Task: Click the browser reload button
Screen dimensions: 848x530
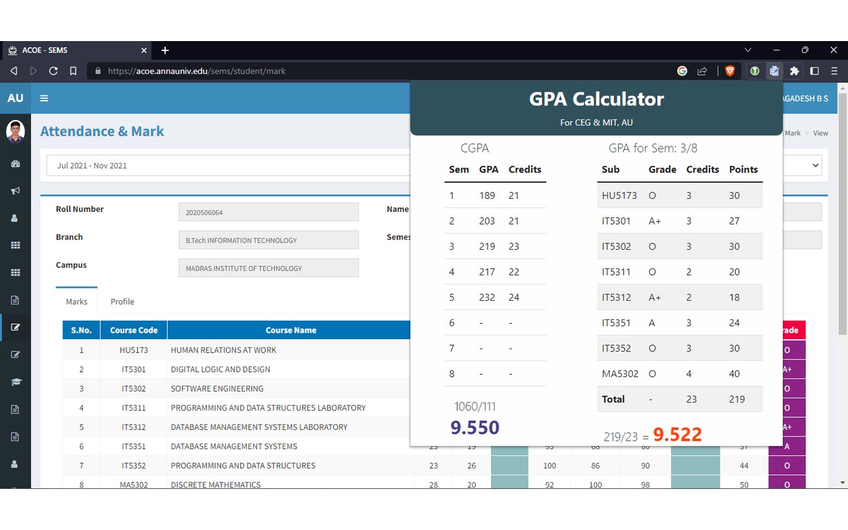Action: [x=54, y=71]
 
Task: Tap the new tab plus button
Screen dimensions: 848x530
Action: [x=165, y=50]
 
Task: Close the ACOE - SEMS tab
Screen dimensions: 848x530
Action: [x=144, y=50]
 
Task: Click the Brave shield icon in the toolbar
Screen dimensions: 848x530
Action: [x=729, y=71]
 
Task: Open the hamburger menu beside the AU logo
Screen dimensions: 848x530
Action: [x=44, y=99]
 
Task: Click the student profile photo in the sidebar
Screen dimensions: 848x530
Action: [x=15, y=131]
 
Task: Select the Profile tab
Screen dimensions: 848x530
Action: [x=123, y=301]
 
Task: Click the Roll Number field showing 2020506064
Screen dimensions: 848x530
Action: [x=268, y=212]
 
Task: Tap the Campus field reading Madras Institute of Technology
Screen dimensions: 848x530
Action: [x=268, y=268]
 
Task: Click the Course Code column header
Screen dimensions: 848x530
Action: [x=134, y=330]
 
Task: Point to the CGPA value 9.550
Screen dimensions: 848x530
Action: [x=475, y=427]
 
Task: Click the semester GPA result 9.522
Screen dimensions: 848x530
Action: [x=677, y=434]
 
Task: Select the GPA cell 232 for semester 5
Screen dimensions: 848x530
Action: [x=487, y=297]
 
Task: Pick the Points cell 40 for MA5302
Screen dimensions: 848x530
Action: [x=735, y=374]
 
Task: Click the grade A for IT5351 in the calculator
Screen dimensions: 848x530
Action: [x=651, y=323]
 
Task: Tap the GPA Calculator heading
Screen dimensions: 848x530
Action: [x=596, y=99]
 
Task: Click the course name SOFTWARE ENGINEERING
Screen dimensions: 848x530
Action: [x=217, y=388]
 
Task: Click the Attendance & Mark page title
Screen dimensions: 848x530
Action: [x=102, y=131]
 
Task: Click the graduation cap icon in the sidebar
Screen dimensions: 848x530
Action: [x=15, y=382]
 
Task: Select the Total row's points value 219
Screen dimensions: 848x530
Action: [x=737, y=399]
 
